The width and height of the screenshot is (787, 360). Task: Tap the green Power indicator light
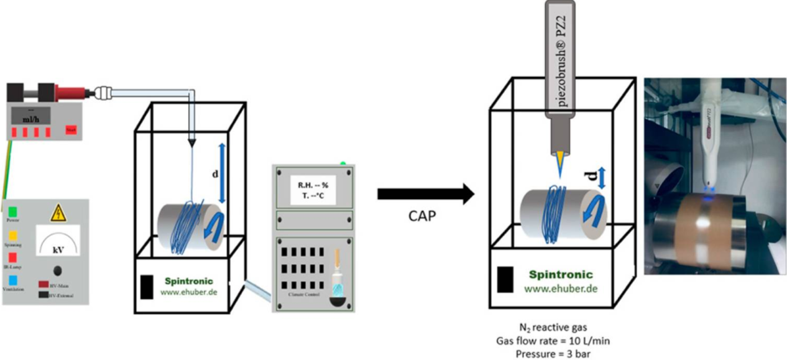[x=12, y=212]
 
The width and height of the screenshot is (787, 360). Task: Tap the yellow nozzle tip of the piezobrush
[x=561, y=163]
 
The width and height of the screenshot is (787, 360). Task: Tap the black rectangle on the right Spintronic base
[x=505, y=279]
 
